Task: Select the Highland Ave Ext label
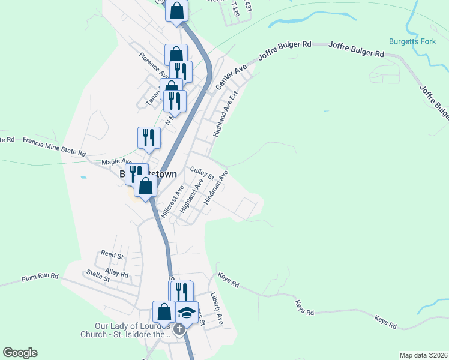coord(224,115)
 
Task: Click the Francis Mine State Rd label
coord(54,145)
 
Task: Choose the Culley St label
coord(202,173)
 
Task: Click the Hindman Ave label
coord(215,187)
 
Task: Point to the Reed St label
coord(112,255)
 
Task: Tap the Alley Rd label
coord(116,273)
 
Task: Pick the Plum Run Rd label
coord(40,277)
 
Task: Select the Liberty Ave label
coord(217,308)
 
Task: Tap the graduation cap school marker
coord(187,311)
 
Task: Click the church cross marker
coord(179,329)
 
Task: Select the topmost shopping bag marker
coord(177,10)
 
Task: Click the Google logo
coord(20,353)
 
